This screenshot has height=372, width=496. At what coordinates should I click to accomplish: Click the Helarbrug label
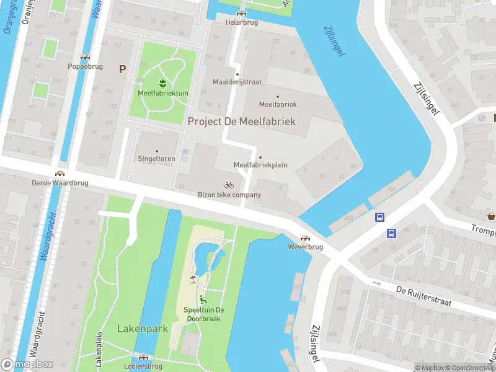241,22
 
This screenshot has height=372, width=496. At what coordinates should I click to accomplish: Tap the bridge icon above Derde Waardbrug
61,175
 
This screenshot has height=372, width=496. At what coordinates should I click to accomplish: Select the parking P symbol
122,69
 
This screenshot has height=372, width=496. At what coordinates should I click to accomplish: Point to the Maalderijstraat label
237,81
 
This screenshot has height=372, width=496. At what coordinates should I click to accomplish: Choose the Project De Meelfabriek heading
241,122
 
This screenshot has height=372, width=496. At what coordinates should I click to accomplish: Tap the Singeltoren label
156,159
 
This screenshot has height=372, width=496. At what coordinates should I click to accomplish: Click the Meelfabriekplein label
260,165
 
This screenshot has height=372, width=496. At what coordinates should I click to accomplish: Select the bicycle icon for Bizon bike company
229,185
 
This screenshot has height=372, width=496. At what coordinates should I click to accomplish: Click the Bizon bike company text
229,195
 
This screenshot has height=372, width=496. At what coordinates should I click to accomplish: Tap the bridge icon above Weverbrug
305,238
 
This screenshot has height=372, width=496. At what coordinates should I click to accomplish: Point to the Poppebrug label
85,66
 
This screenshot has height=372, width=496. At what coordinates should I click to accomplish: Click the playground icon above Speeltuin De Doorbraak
203,299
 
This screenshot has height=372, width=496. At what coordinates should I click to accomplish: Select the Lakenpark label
143,329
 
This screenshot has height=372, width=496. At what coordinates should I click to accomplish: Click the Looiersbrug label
144,366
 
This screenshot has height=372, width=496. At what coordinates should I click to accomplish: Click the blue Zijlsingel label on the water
334,42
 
